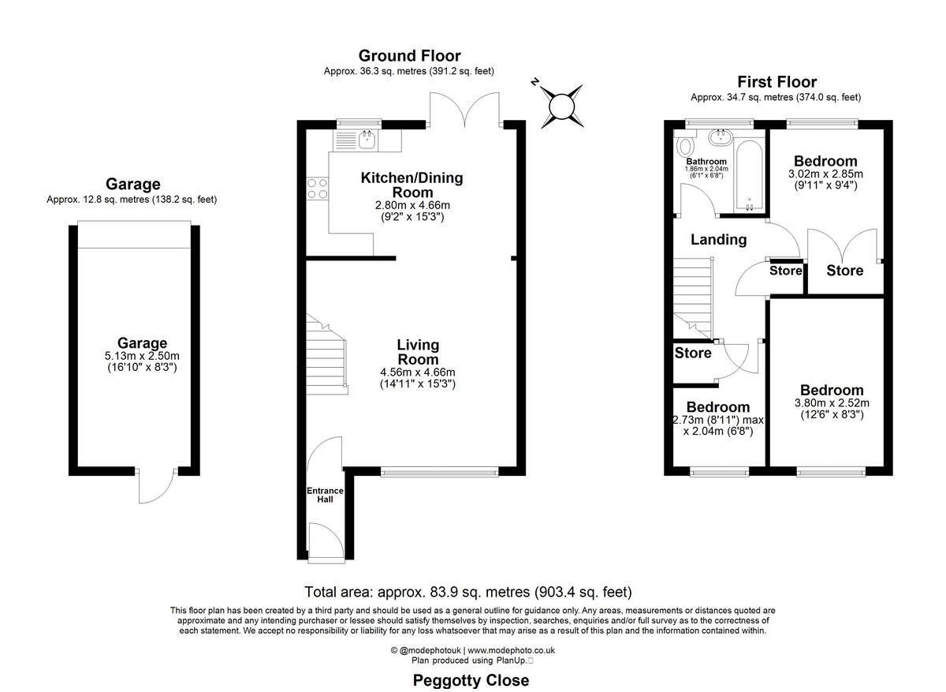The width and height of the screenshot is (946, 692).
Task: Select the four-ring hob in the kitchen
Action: [317, 189]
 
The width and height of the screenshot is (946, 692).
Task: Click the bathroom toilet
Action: [684, 146]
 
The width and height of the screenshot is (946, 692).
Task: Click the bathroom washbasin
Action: [718, 139]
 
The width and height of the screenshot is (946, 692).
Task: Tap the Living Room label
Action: [418, 352]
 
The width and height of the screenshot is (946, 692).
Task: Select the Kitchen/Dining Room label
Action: [412, 185]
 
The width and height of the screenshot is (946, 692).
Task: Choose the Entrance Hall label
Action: [320, 495]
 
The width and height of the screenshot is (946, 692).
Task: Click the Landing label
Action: [718, 240]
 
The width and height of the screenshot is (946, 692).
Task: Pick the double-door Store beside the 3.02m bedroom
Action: [844, 270]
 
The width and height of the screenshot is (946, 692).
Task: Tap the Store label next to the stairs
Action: [693, 353]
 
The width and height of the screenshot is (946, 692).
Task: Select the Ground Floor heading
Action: [409, 55]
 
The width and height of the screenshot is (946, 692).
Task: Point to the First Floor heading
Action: [777, 81]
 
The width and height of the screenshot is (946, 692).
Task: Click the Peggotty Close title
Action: [471, 680]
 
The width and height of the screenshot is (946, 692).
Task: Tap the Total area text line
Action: [468, 592]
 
